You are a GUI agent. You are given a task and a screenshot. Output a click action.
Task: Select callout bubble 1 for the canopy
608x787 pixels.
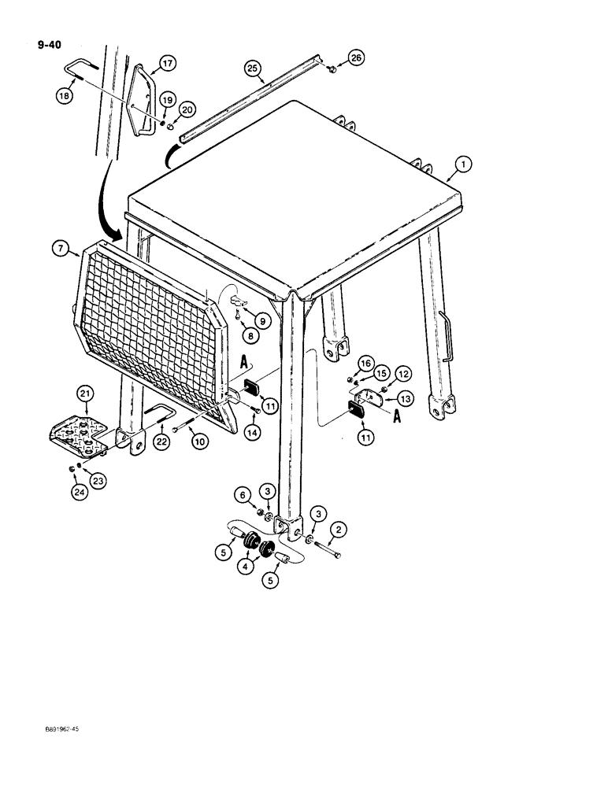click(464, 164)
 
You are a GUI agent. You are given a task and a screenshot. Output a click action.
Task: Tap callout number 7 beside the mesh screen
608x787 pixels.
click(61, 250)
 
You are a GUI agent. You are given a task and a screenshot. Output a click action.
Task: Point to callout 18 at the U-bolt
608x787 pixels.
click(63, 94)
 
